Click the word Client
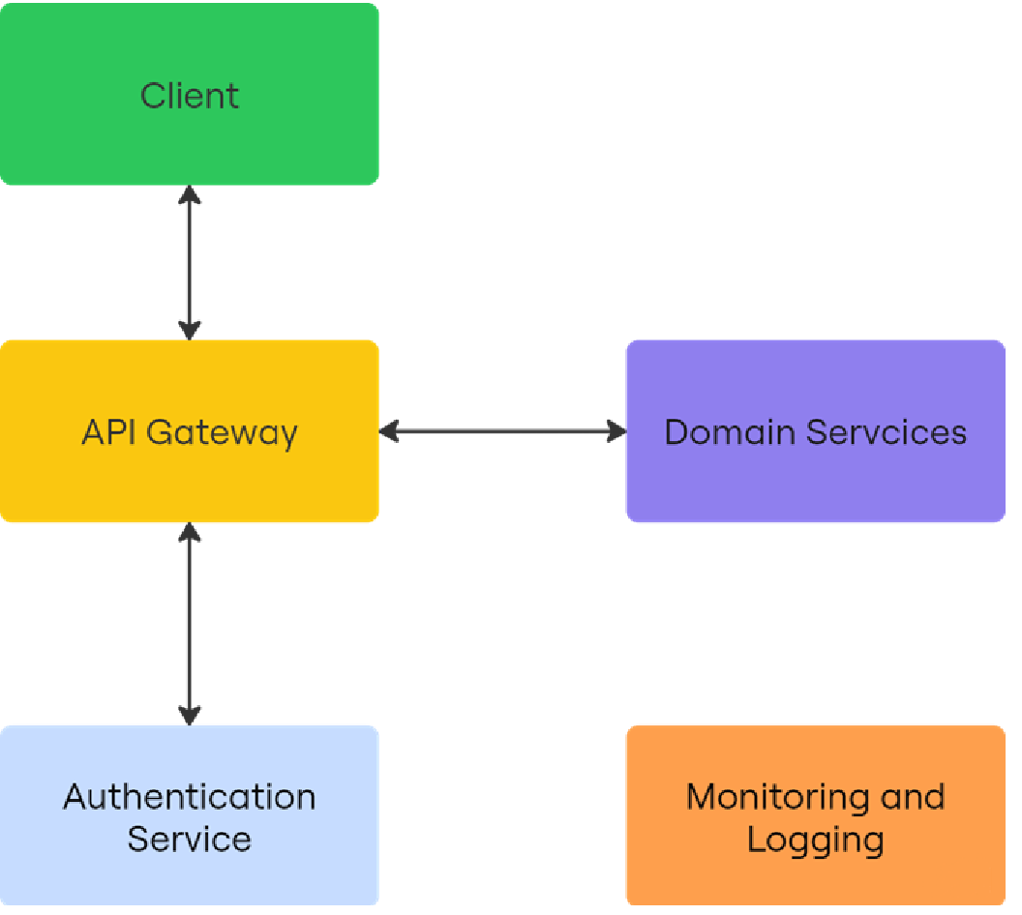tap(189, 96)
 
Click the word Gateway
tap(222, 432)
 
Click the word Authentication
tap(189, 797)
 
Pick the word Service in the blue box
tap(189, 839)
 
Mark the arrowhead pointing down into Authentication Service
tap(190, 714)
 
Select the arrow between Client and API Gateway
tap(190, 262)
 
